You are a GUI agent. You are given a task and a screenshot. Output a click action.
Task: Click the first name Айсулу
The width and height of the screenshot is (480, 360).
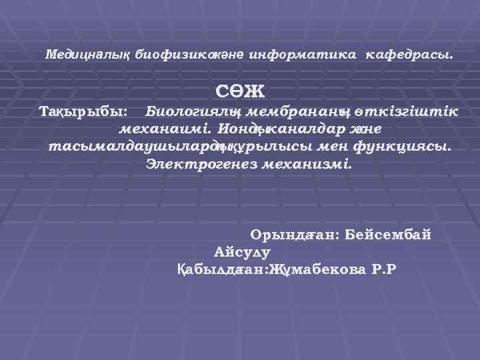(x=242, y=252)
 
